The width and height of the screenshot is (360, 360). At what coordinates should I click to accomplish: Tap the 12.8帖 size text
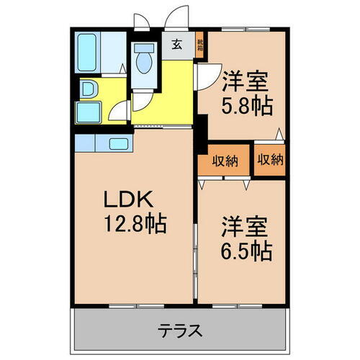tap(134, 224)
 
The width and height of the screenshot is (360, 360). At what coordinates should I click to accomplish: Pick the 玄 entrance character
tap(177, 44)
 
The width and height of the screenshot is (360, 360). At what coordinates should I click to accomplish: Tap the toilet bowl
tap(143, 64)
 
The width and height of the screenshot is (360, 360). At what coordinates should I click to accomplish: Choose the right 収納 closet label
tap(269, 159)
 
